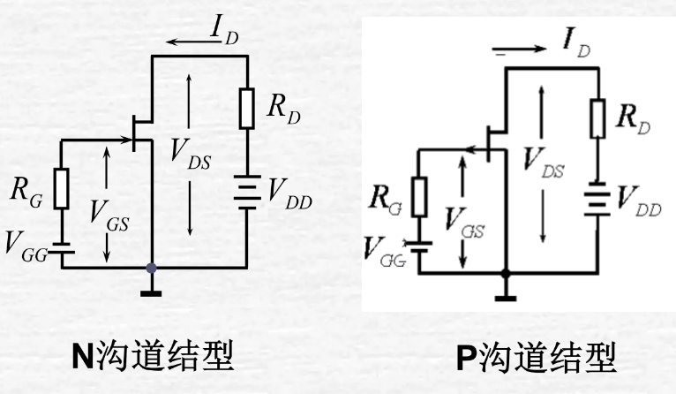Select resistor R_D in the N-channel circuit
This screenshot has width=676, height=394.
(246, 108)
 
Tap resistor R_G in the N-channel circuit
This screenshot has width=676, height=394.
(61, 188)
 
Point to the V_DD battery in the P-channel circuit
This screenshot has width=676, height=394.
(597, 200)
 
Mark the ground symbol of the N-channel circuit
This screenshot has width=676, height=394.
(153, 288)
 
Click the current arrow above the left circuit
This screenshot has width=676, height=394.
(190, 42)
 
